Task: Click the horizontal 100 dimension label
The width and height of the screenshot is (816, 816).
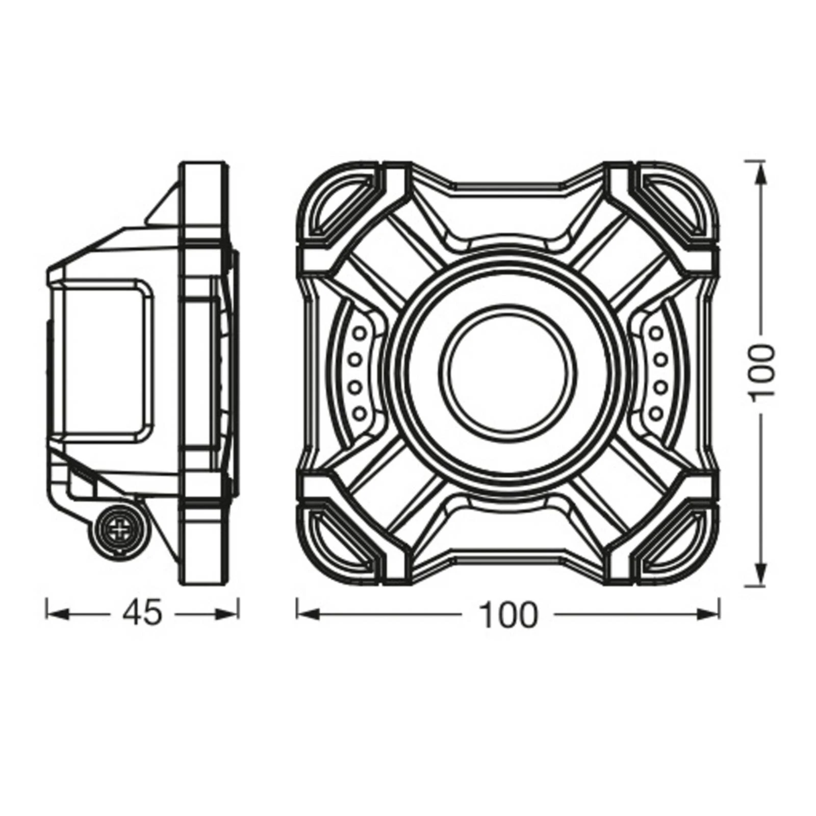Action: click(x=509, y=615)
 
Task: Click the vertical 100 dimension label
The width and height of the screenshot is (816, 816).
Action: click(x=762, y=370)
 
